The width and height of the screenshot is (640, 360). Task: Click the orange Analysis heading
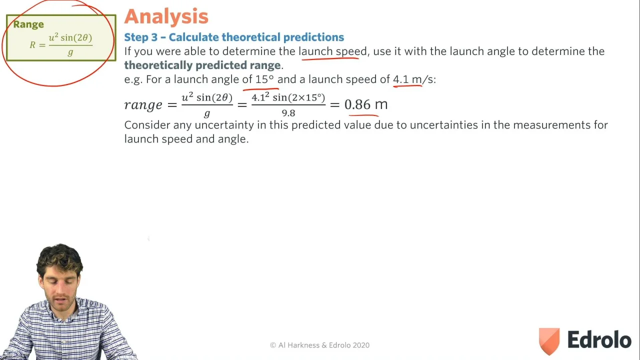(x=166, y=16)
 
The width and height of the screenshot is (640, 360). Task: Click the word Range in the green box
(x=28, y=24)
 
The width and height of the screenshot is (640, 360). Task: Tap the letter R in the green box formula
(x=32, y=45)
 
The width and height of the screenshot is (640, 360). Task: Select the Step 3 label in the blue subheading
(x=141, y=37)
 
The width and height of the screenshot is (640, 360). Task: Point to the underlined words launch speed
(x=332, y=51)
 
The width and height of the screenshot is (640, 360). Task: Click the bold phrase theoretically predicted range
(x=202, y=65)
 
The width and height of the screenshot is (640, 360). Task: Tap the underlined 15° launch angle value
(x=264, y=79)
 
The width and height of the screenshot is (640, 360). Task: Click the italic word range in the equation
(x=143, y=105)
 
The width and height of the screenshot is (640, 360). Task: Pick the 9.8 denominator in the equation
(x=288, y=113)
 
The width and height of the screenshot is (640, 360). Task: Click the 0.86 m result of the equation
(x=366, y=104)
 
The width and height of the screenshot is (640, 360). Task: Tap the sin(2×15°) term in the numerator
(x=299, y=97)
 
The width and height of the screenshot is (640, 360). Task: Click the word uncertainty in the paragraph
(x=224, y=125)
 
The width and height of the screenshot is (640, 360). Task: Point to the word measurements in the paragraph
(x=552, y=125)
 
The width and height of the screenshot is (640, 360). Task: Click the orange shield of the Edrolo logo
(x=549, y=341)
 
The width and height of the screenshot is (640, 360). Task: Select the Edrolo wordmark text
(x=599, y=339)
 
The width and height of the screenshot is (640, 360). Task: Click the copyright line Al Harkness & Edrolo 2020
(x=319, y=345)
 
